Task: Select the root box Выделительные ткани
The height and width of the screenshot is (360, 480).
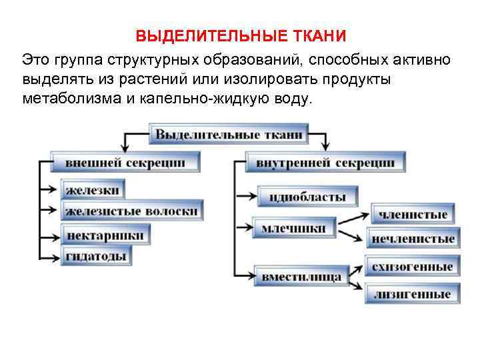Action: point(229,135)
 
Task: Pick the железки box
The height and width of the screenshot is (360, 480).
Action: point(93,189)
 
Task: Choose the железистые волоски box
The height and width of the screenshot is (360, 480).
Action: point(132,211)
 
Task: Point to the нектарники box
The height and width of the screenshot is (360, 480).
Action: point(105,235)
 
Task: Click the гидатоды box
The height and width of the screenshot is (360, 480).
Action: point(97,257)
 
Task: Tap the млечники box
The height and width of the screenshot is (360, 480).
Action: point(293,229)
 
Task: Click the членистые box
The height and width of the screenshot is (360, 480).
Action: point(413,214)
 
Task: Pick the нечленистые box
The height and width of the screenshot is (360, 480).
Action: point(413,238)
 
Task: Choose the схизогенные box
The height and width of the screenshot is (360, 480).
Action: point(413,267)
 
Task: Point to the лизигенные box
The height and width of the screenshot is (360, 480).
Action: point(413,293)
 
